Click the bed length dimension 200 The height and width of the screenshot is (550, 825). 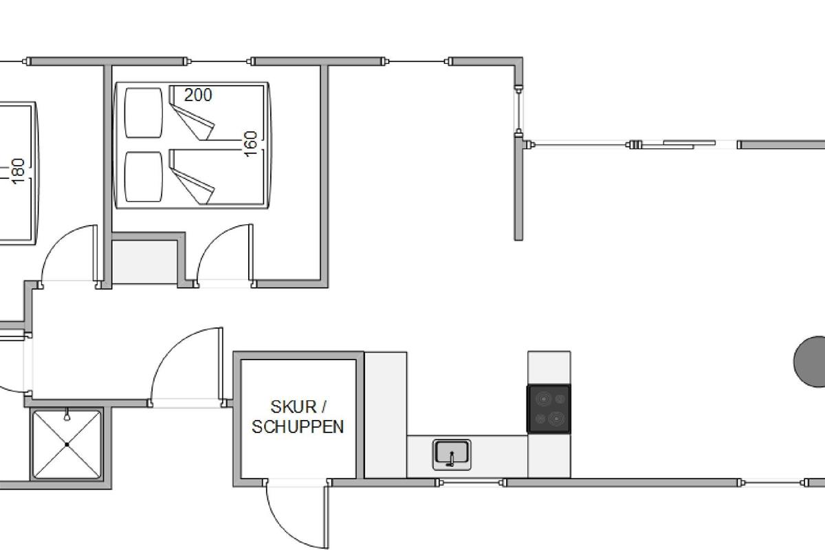click(198, 95)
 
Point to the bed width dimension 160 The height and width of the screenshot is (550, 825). click(251, 144)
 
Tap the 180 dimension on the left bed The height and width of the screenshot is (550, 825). click(18, 171)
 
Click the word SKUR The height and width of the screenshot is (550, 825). click(293, 407)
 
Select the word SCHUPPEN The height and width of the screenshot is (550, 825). click(298, 427)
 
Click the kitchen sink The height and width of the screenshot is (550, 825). click(452, 455)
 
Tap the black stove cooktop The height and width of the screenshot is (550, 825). click(549, 409)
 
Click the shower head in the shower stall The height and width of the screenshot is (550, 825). click(67, 415)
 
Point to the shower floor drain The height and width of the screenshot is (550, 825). click(67, 445)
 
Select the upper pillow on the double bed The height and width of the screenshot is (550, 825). click(143, 113)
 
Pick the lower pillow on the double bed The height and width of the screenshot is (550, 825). click(143, 177)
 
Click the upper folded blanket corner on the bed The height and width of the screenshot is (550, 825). click(192, 122)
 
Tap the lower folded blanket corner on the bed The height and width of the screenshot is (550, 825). click(192, 186)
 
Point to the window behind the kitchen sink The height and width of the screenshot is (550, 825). click(471, 483)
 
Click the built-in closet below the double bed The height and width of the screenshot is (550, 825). click(144, 262)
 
